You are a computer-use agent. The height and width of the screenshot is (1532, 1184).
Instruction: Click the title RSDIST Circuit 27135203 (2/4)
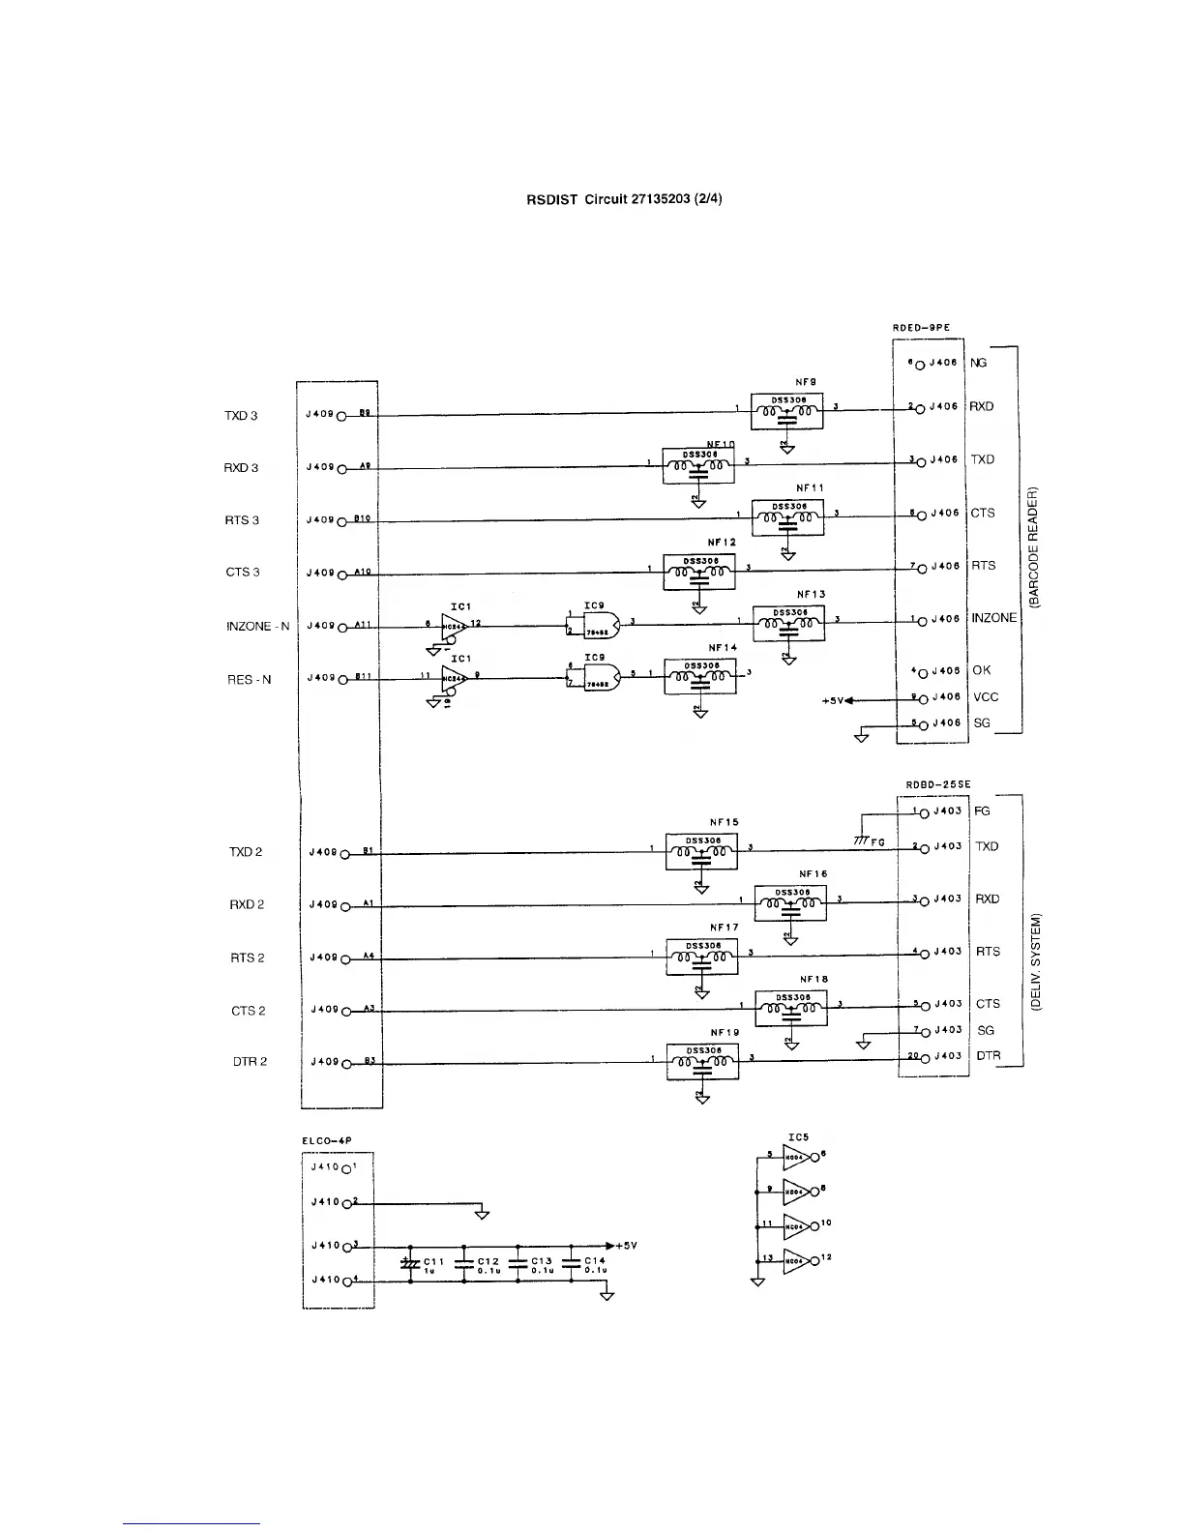coord(624,199)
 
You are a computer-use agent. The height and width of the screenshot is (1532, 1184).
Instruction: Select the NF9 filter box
coord(786,411)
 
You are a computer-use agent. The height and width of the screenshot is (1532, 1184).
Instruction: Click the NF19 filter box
coord(702,1062)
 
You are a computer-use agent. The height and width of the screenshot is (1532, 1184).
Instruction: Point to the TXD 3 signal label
coord(241,416)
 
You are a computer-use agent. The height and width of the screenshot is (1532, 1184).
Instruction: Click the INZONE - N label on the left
coord(257,627)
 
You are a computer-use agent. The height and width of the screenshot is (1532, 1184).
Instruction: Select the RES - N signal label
coord(249,679)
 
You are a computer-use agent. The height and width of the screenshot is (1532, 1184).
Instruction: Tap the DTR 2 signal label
coord(250,1062)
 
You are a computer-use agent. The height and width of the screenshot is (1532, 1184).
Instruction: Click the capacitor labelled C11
coord(410,1263)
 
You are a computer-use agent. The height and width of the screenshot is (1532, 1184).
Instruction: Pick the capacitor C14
coord(571,1263)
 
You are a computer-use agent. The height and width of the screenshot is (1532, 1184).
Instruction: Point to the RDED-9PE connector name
coord(920,328)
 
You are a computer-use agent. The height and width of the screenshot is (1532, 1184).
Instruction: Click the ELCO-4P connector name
coord(327,1141)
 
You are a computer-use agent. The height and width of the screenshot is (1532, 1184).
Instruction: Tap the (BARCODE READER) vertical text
coord(1034,547)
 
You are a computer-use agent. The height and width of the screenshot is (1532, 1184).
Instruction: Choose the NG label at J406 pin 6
coord(979,363)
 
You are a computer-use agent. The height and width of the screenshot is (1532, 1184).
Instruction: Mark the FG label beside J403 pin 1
coord(982,811)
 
